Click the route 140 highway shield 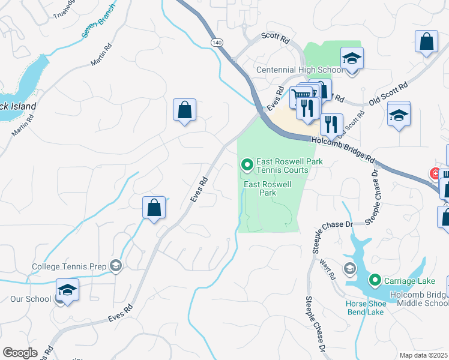[x=217, y=43]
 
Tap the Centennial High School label [x=298, y=70]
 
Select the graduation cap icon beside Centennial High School [x=352, y=59]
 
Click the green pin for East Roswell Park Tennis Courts [x=246, y=164]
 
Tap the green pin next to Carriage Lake [x=375, y=280]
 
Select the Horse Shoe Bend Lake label [x=365, y=307]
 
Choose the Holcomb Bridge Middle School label [x=418, y=298]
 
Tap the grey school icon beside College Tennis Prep [x=116, y=266]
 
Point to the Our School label [x=30, y=299]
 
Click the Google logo [x=20, y=353]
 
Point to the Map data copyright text [x=424, y=355]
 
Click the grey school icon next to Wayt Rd [x=349, y=268]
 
